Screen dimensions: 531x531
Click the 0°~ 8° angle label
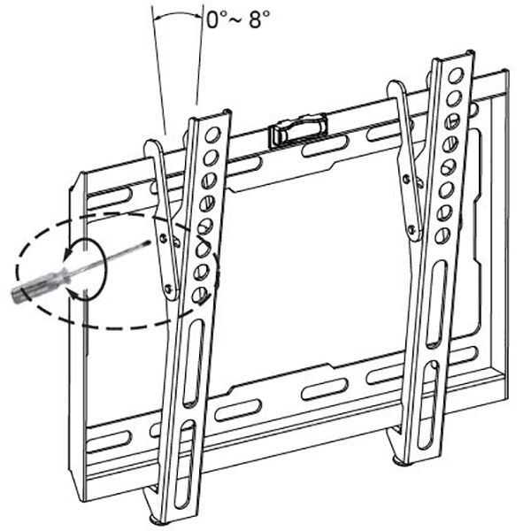(x=238, y=19)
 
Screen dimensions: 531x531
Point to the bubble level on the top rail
(x=298, y=130)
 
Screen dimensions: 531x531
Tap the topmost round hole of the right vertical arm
(x=456, y=75)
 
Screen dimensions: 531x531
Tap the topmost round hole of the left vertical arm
(x=212, y=135)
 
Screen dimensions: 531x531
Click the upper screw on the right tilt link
(x=406, y=178)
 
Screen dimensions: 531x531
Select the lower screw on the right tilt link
(x=412, y=228)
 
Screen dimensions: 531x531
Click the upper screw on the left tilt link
(x=164, y=238)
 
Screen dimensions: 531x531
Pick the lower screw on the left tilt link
(x=168, y=289)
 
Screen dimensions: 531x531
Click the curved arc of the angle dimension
(x=177, y=14)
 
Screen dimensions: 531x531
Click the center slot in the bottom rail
(x=324, y=389)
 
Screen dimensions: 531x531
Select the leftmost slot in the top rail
(x=109, y=198)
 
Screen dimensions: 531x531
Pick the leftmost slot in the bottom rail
(x=109, y=442)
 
